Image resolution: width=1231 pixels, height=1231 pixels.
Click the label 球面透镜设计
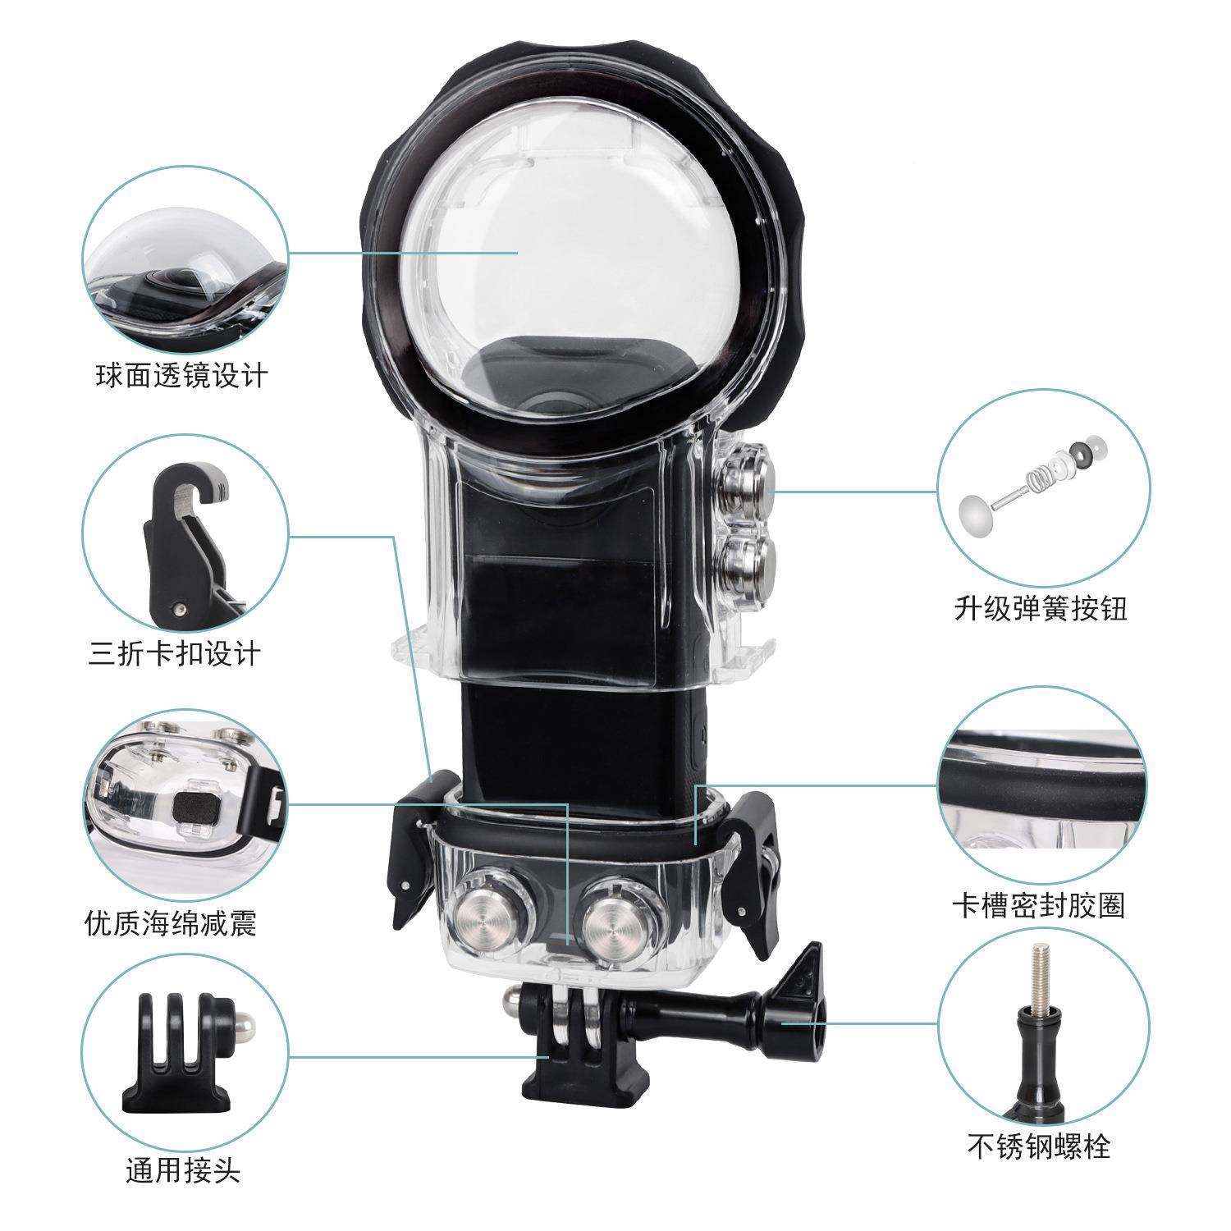tap(182, 376)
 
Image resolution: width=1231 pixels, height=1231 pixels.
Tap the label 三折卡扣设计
tap(174, 654)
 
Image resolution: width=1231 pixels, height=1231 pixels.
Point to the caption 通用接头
tap(182, 1171)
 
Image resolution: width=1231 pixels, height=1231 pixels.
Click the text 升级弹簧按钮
tap(1040, 608)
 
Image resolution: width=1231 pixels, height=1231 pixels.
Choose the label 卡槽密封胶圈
tap(1038, 905)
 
